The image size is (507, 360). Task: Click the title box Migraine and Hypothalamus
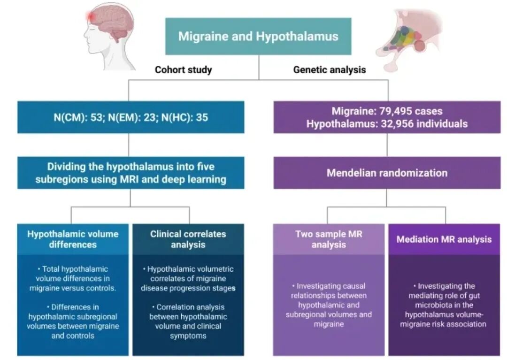[x=258, y=37]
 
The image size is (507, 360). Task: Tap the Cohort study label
[x=184, y=70]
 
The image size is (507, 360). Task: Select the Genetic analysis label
[x=330, y=70]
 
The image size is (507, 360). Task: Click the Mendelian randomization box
[x=387, y=173]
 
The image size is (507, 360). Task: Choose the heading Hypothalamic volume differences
[x=72, y=239]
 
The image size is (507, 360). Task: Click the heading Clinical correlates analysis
[x=188, y=239]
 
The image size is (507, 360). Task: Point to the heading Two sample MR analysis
[x=329, y=239]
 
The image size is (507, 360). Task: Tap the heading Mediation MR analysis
[x=444, y=239]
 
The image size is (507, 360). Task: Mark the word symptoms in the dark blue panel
[x=188, y=336]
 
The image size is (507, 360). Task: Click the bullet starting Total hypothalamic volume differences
[x=73, y=278]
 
